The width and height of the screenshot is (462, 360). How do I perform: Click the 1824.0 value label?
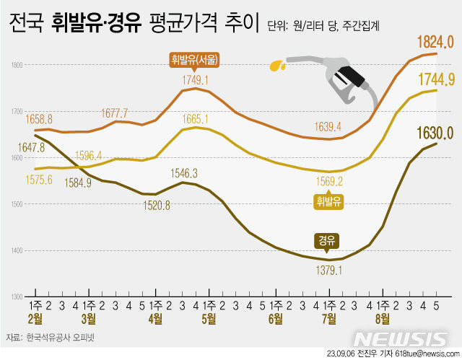(x=435, y=42)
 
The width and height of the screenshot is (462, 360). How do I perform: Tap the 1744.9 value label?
(x=435, y=78)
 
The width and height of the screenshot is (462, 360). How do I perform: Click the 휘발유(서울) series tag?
(x=195, y=59)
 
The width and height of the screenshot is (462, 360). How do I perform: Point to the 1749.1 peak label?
(x=195, y=80)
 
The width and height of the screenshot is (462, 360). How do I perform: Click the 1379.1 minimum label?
(x=328, y=271)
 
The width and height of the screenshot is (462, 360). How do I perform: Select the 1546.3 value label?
(x=184, y=173)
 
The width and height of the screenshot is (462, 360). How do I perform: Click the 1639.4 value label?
(x=328, y=127)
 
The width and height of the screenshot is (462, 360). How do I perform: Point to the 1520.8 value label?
(x=157, y=206)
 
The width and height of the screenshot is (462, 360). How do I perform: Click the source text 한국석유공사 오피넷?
(x=61, y=338)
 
